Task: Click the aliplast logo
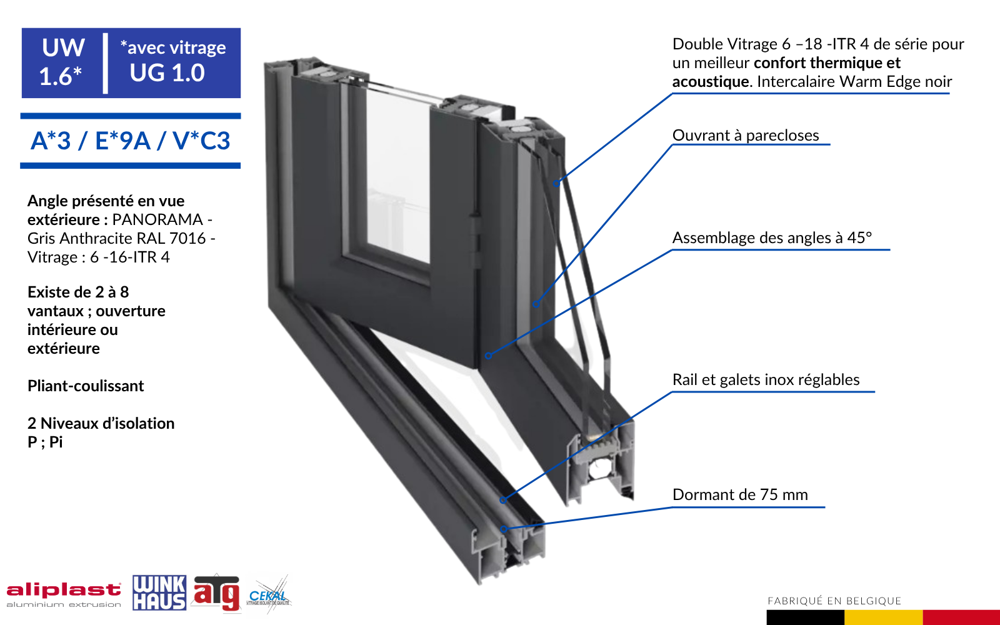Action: click(x=63, y=594)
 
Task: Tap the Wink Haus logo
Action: click(x=159, y=592)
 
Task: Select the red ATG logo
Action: click(x=216, y=593)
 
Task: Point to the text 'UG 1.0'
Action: click(x=167, y=72)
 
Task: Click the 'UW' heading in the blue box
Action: click(x=63, y=47)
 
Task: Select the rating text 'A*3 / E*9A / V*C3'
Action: click(x=131, y=141)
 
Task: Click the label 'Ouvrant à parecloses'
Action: click(x=746, y=135)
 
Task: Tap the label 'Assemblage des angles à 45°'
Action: click(x=772, y=237)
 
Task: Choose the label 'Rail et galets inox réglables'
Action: click(x=766, y=379)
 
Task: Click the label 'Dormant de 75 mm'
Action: click(x=740, y=494)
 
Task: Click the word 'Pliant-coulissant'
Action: click(x=86, y=386)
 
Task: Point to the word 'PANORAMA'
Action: click(x=157, y=219)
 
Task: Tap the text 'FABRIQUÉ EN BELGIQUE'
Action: click(x=834, y=601)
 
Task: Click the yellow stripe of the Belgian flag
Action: click(x=883, y=617)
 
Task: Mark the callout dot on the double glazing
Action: click(x=556, y=183)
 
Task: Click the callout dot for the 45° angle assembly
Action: click(x=488, y=356)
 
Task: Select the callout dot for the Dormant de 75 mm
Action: click(x=503, y=529)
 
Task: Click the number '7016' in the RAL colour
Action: click(x=187, y=238)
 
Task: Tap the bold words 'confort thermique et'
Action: click(x=827, y=63)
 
